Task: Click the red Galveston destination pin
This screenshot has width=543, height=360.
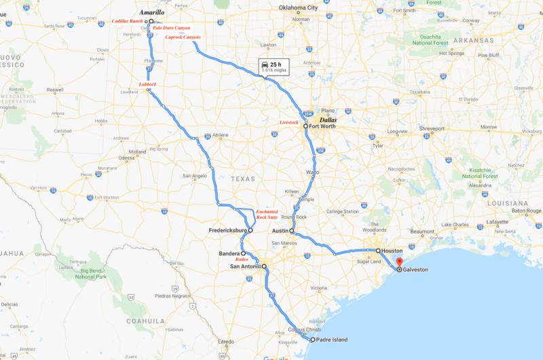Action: pos(399,263)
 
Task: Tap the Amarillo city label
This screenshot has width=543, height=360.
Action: pos(151,13)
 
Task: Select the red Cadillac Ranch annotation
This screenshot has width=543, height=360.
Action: pos(129,22)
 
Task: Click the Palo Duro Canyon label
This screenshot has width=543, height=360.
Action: pos(172,28)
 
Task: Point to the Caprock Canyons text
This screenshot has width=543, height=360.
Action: pos(183,37)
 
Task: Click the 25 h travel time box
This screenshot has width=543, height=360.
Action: pos(271,67)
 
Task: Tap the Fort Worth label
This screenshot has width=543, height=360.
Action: pos(323,126)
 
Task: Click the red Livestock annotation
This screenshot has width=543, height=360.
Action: pos(289,122)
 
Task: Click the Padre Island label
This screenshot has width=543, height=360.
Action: pos(332,339)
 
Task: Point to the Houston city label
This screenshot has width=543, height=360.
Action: pos(392,251)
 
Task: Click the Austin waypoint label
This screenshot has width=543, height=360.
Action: pos(279,231)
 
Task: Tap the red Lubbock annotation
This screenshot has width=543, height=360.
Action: pos(147,84)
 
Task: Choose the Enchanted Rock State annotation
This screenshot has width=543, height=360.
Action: pos(267,215)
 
